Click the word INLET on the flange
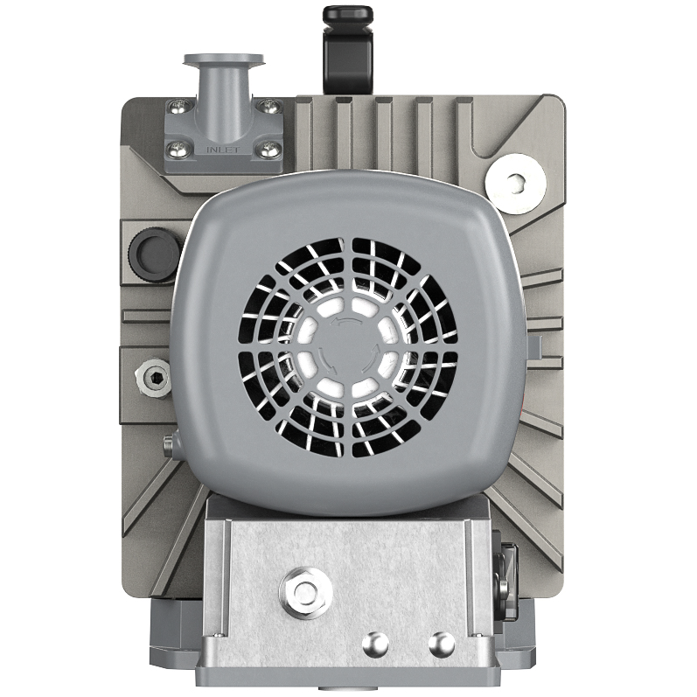[x=223, y=150]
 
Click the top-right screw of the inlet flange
[x=270, y=106]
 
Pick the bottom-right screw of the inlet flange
[x=270, y=150]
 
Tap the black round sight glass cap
[x=151, y=252]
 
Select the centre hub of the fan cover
[x=348, y=347]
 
